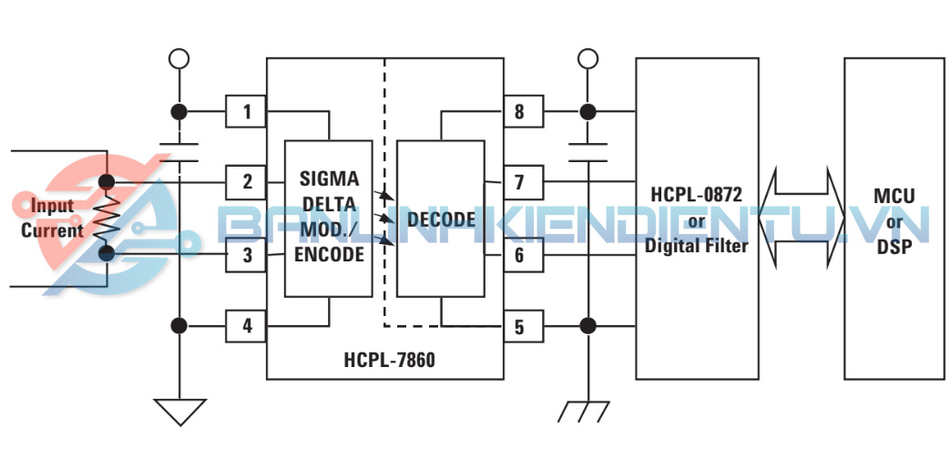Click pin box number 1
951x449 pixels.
click(x=246, y=113)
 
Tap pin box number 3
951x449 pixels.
click(x=246, y=255)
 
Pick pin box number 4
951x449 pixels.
click(x=246, y=325)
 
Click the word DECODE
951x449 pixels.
click(x=442, y=219)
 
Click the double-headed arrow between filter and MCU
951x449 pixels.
click(x=802, y=219)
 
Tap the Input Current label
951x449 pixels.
click(x=52, y=218)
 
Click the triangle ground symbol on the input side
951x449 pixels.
click(x=179, y=412)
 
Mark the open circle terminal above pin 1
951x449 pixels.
click(x=179, y=59)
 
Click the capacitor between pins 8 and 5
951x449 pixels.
click(x=588, y=151)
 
